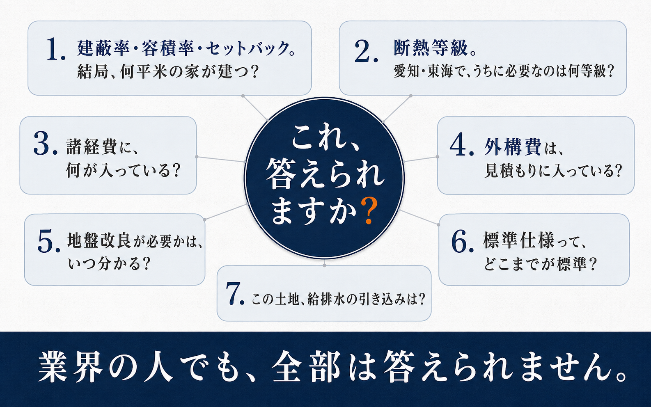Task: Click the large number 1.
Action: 56,50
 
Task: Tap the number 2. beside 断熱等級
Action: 366,51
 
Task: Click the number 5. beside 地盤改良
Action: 49,241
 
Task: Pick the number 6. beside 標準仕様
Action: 463,241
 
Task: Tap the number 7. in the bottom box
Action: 235,294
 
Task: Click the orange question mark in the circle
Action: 369,210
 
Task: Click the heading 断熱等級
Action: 431,48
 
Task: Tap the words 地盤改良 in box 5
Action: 99,240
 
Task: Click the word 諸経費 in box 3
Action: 92,147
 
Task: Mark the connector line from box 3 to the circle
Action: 221,159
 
